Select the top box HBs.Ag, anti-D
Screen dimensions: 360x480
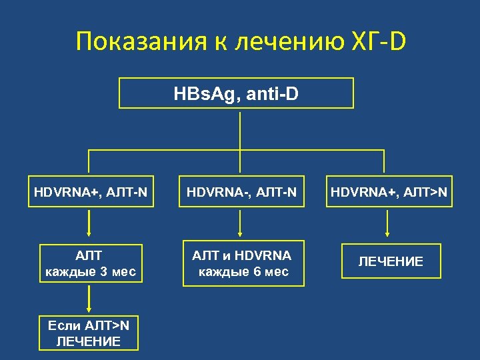(x=236, y=93)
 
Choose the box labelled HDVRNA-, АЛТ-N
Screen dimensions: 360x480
(x=240, y=191)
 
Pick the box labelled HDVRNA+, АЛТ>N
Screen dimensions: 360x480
(x=389, y=191)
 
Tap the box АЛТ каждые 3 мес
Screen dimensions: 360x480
(x=91, y=263)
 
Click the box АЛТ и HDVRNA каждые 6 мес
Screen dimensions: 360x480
(x=243, y=263)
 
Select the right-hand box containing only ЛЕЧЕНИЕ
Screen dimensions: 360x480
(x=391, y=261)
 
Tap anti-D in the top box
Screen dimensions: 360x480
(x=273, y=93)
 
